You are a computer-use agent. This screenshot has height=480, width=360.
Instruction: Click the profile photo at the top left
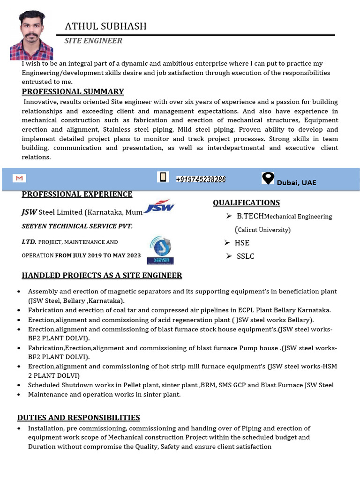[x=31, y=36]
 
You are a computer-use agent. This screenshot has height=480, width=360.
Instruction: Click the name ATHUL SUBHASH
[x=105, y=26]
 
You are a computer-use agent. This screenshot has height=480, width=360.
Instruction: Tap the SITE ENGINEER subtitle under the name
[x=93, y=41]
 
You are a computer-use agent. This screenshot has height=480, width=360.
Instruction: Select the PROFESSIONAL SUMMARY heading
[x=73, y=91]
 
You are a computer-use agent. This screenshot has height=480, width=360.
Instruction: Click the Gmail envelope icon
[x=19, y=179]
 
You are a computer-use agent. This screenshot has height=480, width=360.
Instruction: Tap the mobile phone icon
[x=163, y=177]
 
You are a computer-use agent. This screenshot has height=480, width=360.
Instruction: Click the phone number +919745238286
[x=201, y=180]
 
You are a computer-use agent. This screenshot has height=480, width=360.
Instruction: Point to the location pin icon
[x=268, y=178]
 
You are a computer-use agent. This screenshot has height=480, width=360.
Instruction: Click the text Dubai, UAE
[x=296, y=182]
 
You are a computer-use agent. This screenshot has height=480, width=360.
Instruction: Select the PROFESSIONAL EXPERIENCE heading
[x=77, y=194]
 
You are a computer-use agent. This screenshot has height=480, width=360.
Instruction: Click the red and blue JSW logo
[x=159, y=206]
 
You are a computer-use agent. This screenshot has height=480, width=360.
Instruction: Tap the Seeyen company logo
[x=160, y=250]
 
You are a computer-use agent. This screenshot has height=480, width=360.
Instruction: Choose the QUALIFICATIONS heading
[x=246, y=202]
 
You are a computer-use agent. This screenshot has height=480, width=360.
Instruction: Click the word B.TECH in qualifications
[x=250, y=216]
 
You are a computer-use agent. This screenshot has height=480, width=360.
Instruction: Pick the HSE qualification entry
[x=243, y=243]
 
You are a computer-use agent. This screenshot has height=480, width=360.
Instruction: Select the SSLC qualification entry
[x=245, y=256]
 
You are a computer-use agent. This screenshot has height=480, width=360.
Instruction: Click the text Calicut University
[x=263, y=230]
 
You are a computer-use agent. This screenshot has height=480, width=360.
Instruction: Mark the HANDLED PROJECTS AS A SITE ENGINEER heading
[x=102, y=275]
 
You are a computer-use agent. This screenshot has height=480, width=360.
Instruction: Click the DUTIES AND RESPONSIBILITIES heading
[x=78, y=417]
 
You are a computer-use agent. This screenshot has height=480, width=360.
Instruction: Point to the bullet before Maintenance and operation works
[x=18, y=395]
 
